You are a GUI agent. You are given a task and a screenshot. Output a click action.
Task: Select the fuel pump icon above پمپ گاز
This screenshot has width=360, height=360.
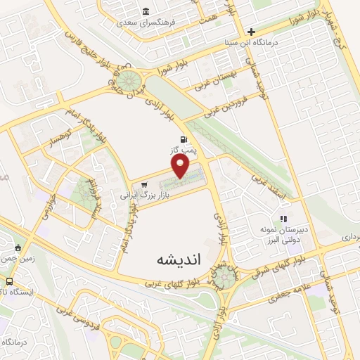click(184, 139)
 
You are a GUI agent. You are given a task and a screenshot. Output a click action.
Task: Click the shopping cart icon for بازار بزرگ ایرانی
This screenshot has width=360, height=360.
click(144, 186)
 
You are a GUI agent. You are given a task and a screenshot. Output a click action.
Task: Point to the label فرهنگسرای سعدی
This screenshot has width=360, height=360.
click(150, 22)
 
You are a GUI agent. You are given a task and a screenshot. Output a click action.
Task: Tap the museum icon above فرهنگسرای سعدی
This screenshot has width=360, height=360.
click(145, 11)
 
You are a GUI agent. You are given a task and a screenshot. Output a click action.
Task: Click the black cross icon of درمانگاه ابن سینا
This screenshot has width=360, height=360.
click(251, 32)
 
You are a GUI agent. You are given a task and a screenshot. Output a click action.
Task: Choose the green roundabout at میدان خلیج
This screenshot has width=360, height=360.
click(127, 78)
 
